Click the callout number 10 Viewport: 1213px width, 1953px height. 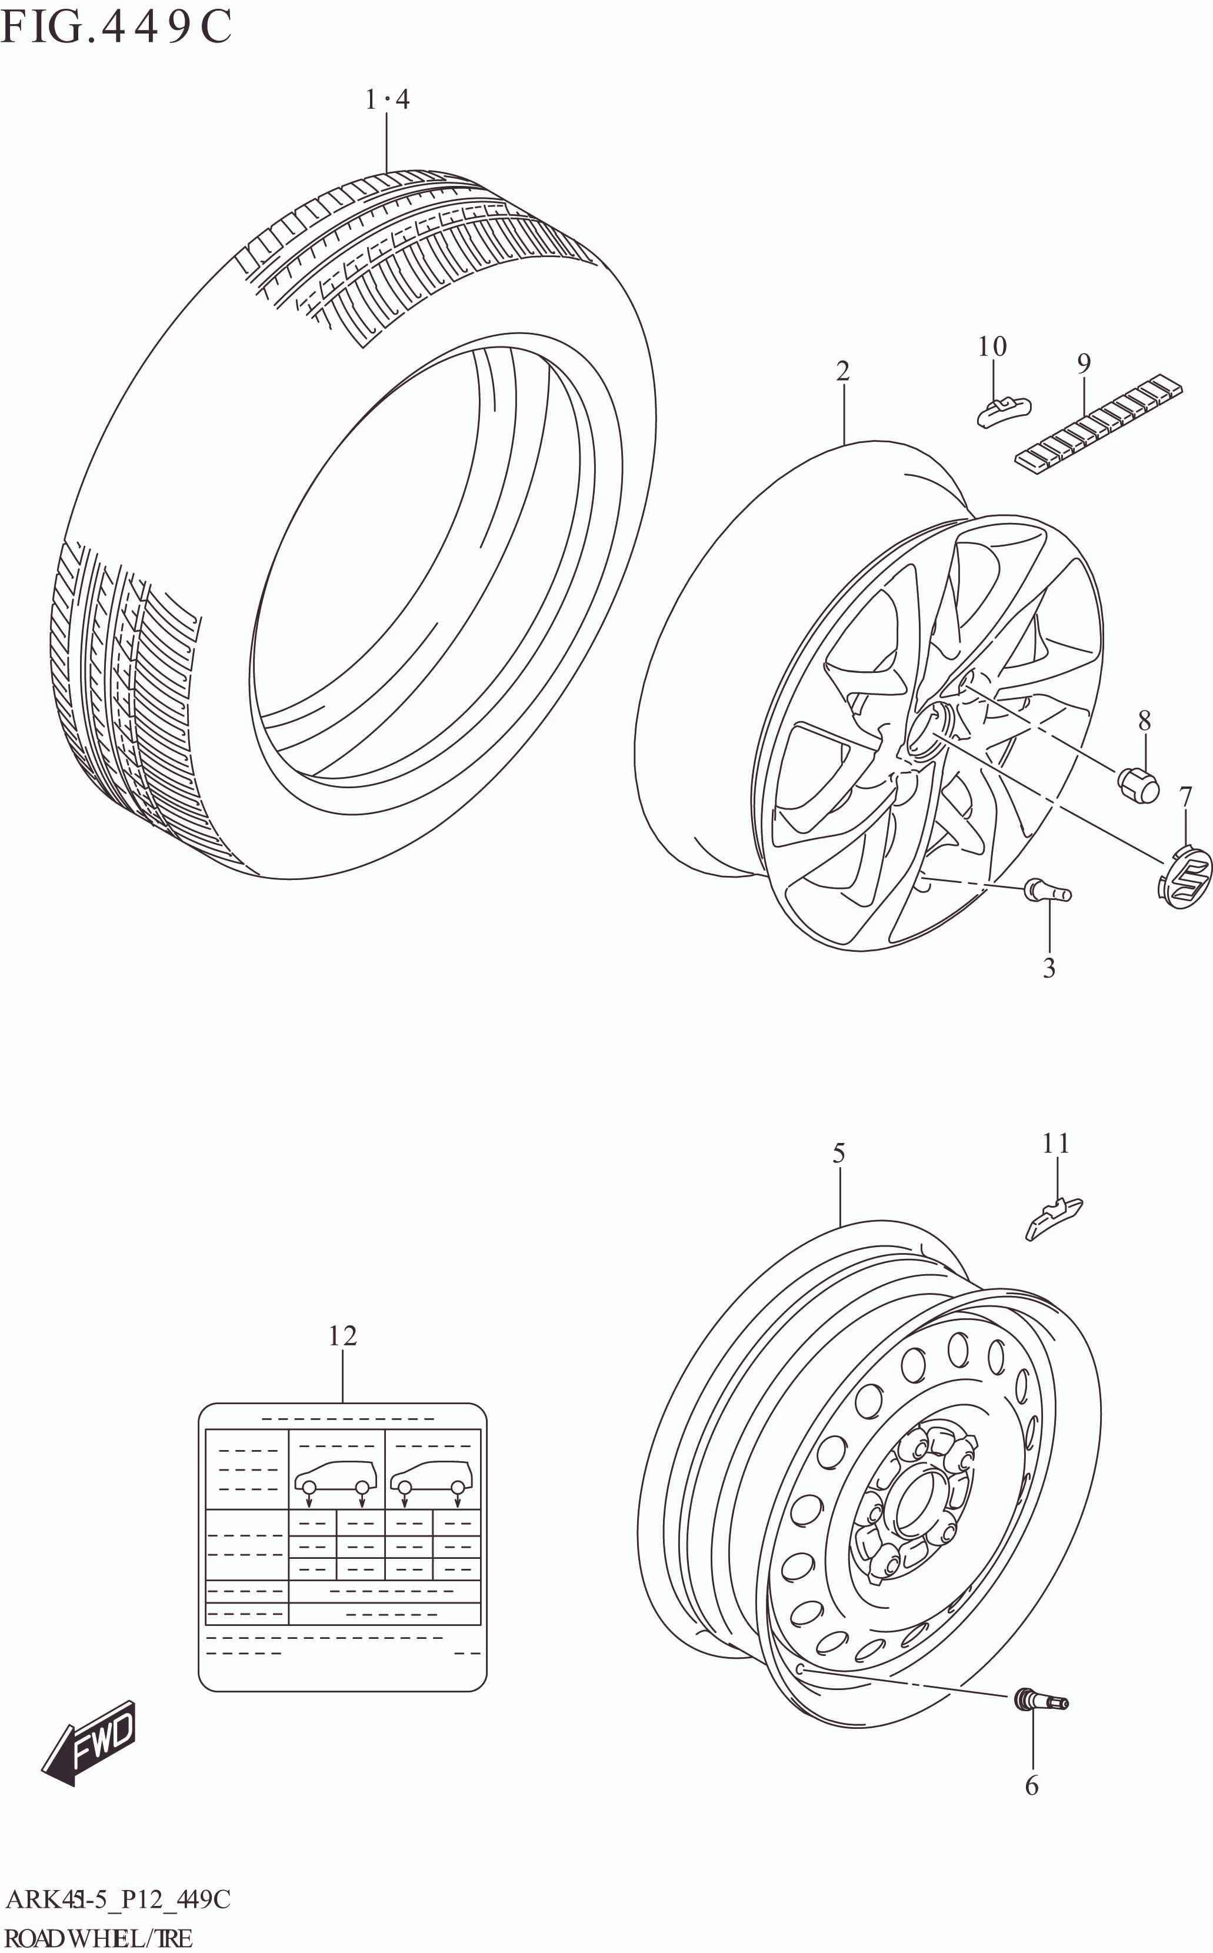pyautogui.click(x=992, y=346)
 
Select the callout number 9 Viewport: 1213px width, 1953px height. pyautogui.click(x=1083, y=364)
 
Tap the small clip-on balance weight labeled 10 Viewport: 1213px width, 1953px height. pyautogui.click(x=1003, y=411)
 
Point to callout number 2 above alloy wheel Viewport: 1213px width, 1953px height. pyautogui.click(x=842, y=371)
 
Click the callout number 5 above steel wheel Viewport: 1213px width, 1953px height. pyautogui.click(x=838, y=1154)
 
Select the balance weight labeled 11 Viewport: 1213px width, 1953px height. pyautogui.click(x=1054, y=1218)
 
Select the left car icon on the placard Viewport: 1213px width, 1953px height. pyautogui.click(x=335, y=1477)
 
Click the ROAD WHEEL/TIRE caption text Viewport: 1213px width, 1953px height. pyautogui.click(x=99, y=1937)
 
